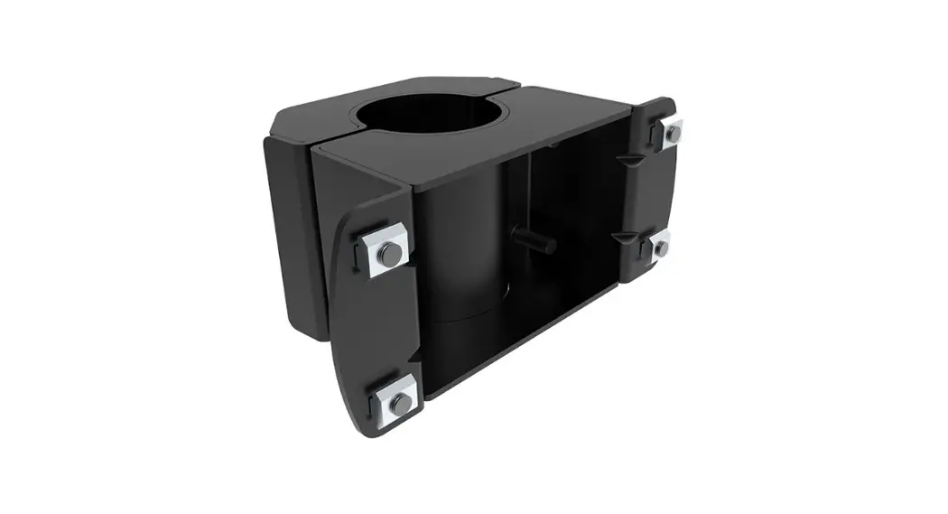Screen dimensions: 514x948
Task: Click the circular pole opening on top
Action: click(x=432, y=114)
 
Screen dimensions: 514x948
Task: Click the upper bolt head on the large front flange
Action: click(x=389, y=255)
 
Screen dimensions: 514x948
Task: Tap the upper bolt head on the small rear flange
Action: click(x=672, y=133)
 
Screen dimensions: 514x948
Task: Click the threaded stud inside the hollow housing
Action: click(x=534, y=242)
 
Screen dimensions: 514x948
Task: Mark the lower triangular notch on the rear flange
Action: click(x=625, y=236)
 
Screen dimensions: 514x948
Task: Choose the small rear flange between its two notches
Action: click(x=648, y=194)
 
